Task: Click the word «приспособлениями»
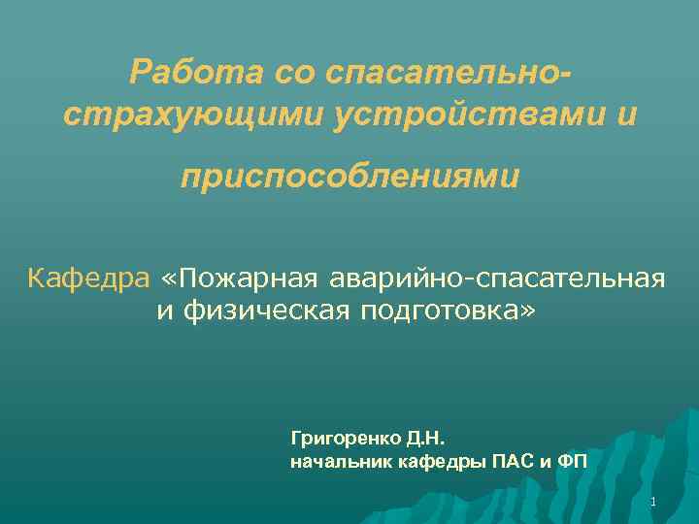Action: (350, 179)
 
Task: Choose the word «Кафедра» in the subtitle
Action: (89, 279)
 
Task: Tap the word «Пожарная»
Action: (252, 279)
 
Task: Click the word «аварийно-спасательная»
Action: (498, 279)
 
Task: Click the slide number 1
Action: (653, 503)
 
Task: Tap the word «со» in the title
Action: (297, 71)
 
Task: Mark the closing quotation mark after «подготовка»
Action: (527, 312)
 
